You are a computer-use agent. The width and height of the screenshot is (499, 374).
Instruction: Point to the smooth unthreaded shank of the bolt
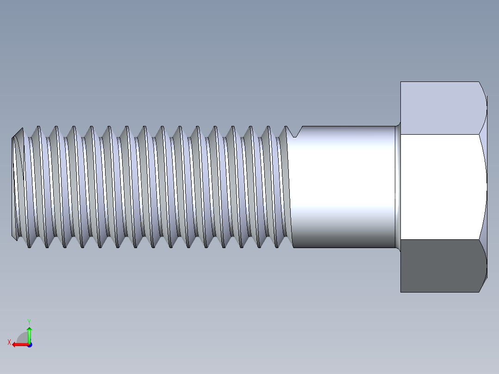click(343, 187)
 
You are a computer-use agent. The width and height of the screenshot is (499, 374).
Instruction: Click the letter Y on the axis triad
click(29, 321)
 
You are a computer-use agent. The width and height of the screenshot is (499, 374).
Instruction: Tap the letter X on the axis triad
click(9, 342)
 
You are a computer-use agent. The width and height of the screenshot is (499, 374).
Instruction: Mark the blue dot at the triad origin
click(29, 345)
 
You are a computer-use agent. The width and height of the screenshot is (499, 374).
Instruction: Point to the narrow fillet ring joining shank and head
click(398, 187)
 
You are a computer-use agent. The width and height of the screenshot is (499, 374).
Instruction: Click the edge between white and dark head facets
click(440, 240)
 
